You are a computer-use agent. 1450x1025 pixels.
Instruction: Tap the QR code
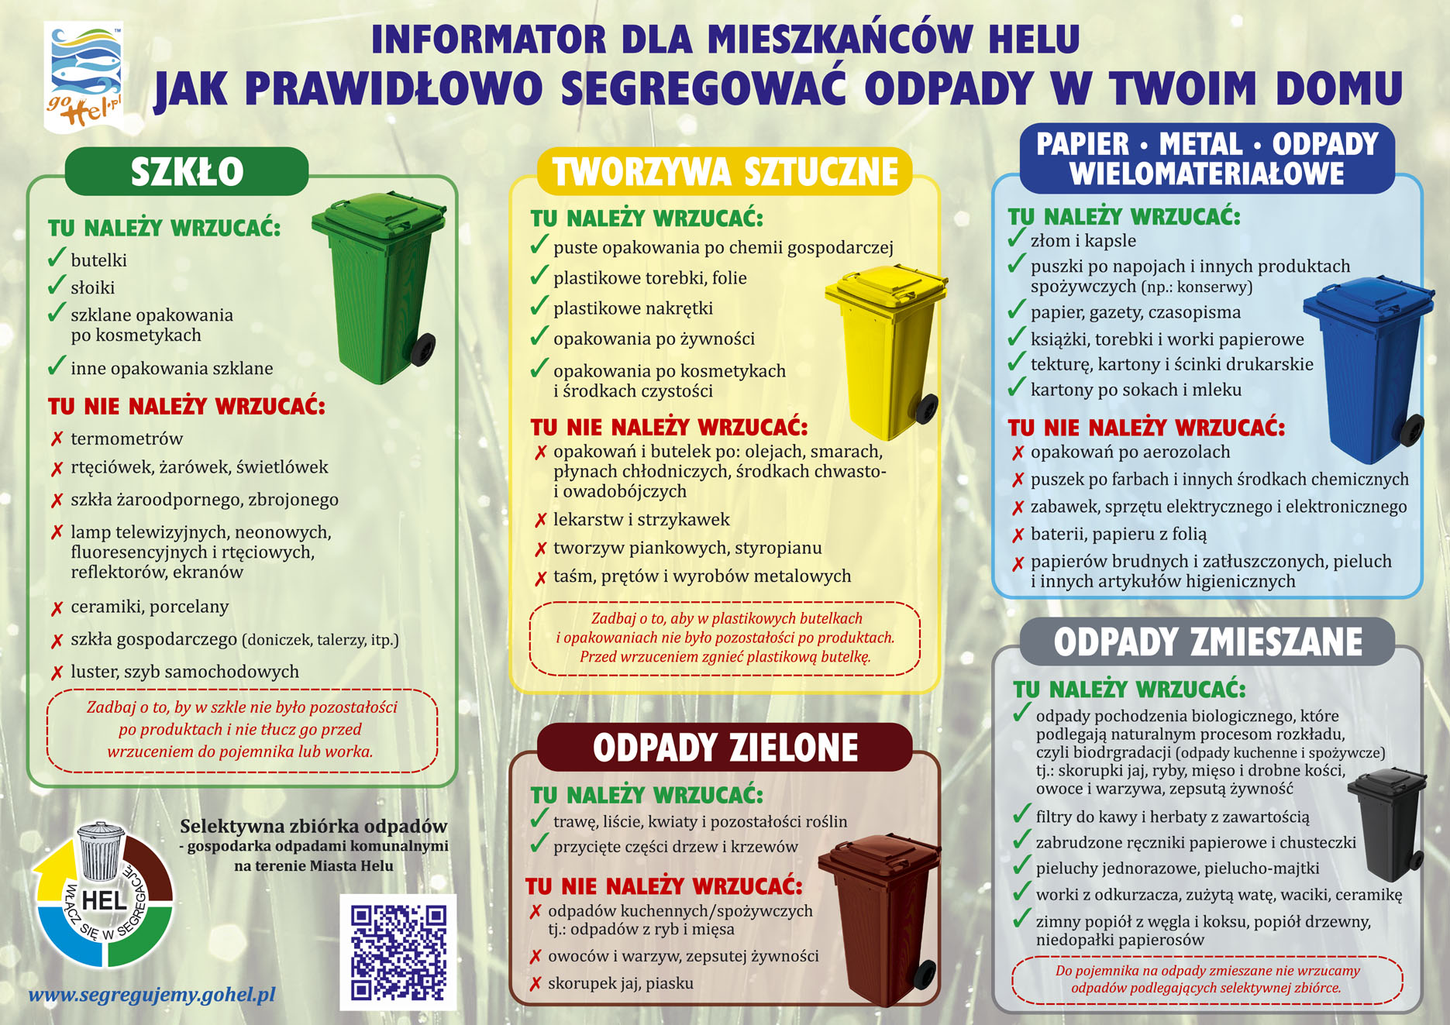(398, 952)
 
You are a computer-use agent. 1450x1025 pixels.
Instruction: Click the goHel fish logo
(84, 76)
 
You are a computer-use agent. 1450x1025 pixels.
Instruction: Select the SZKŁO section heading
(187, 171)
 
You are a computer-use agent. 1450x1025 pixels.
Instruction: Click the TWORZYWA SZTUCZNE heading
(725, 172)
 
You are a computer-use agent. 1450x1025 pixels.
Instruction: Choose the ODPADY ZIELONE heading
(725, 748)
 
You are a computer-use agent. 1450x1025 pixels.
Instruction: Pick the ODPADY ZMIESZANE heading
(1207, 642)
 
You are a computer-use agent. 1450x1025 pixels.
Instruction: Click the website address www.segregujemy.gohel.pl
(152, 995)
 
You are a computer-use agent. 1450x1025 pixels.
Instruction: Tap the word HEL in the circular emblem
(104, 901)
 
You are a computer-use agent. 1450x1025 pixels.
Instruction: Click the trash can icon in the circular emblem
(101, 851)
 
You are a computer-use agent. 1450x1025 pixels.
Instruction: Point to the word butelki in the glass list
(98, 260)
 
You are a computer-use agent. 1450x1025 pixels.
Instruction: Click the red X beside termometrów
(57, 439)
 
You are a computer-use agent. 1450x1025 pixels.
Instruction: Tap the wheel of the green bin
(423, 349)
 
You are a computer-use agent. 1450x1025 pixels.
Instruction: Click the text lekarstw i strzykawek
(641, 520)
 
